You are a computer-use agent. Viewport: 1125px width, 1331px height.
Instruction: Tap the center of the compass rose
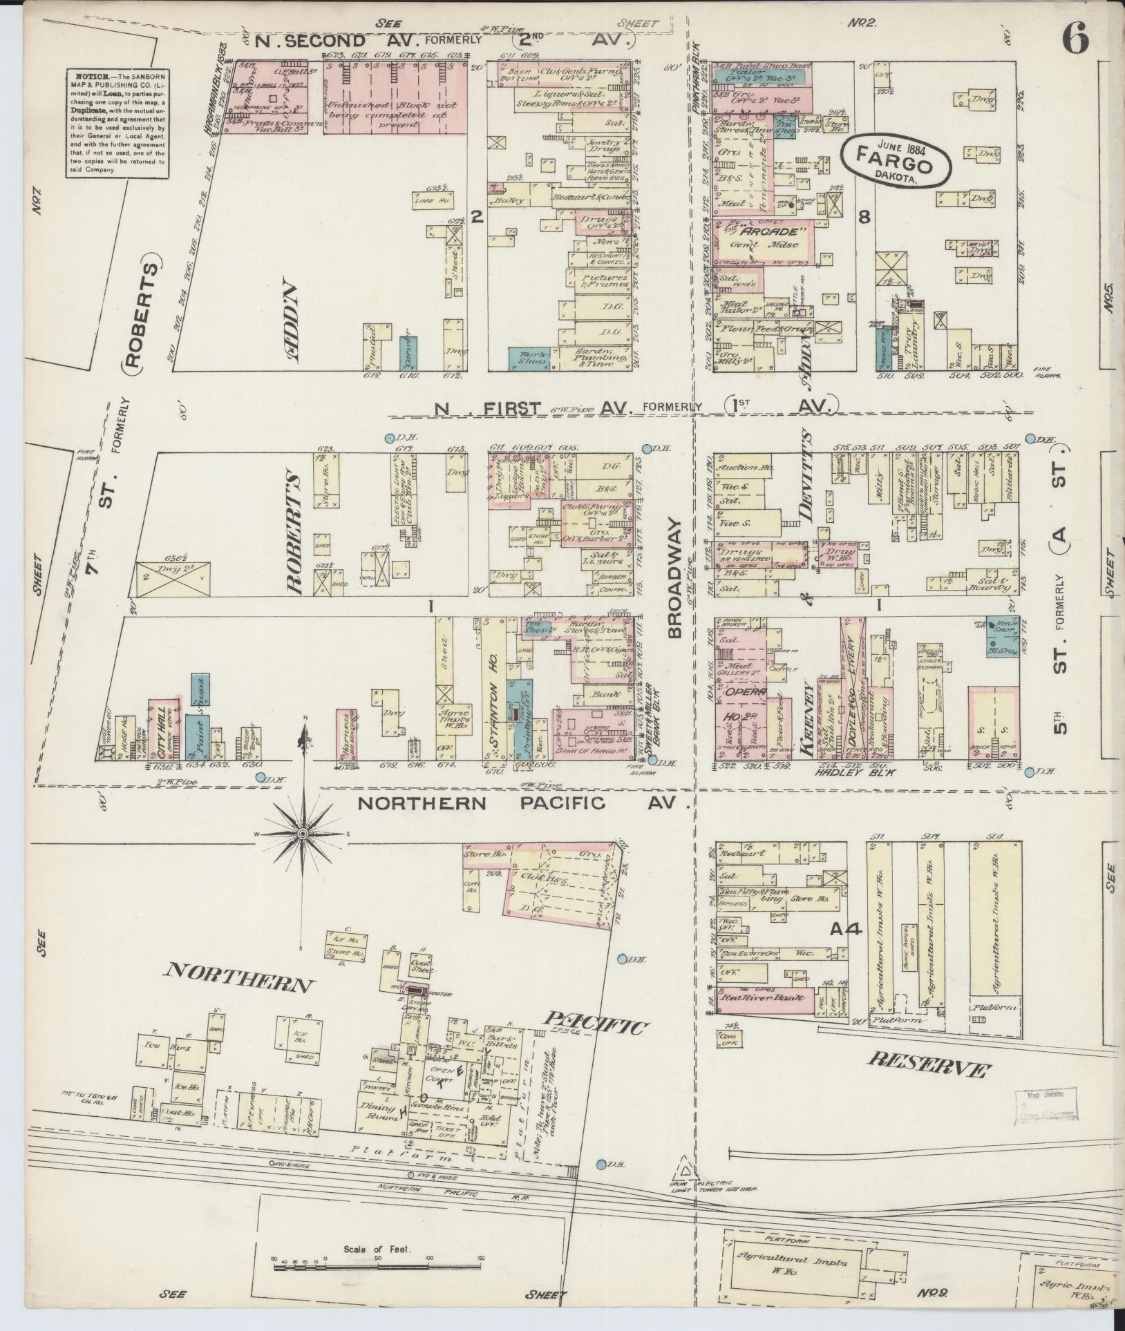pyautogui.click(x=302, y=834)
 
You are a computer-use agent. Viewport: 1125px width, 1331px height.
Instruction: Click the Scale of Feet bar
pyautogui.click(x=377, y=1267)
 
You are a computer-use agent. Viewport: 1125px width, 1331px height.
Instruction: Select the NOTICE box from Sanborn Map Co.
pyautogui.click(x=116, y=122)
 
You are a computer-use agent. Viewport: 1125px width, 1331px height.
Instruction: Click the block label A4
pyautogui.click(x=845, y=929)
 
